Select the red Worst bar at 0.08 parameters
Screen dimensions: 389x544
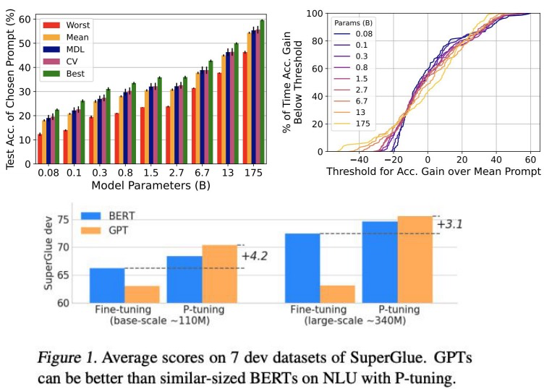[40, 149]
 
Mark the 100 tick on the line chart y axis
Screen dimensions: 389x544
[314, 13]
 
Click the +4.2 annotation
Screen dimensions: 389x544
[255, 257]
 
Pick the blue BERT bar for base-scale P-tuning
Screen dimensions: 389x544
[184, 279]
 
